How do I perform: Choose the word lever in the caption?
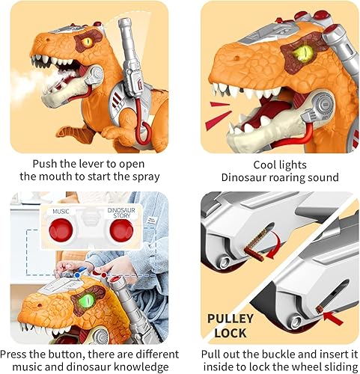click(x=93, y=163)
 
